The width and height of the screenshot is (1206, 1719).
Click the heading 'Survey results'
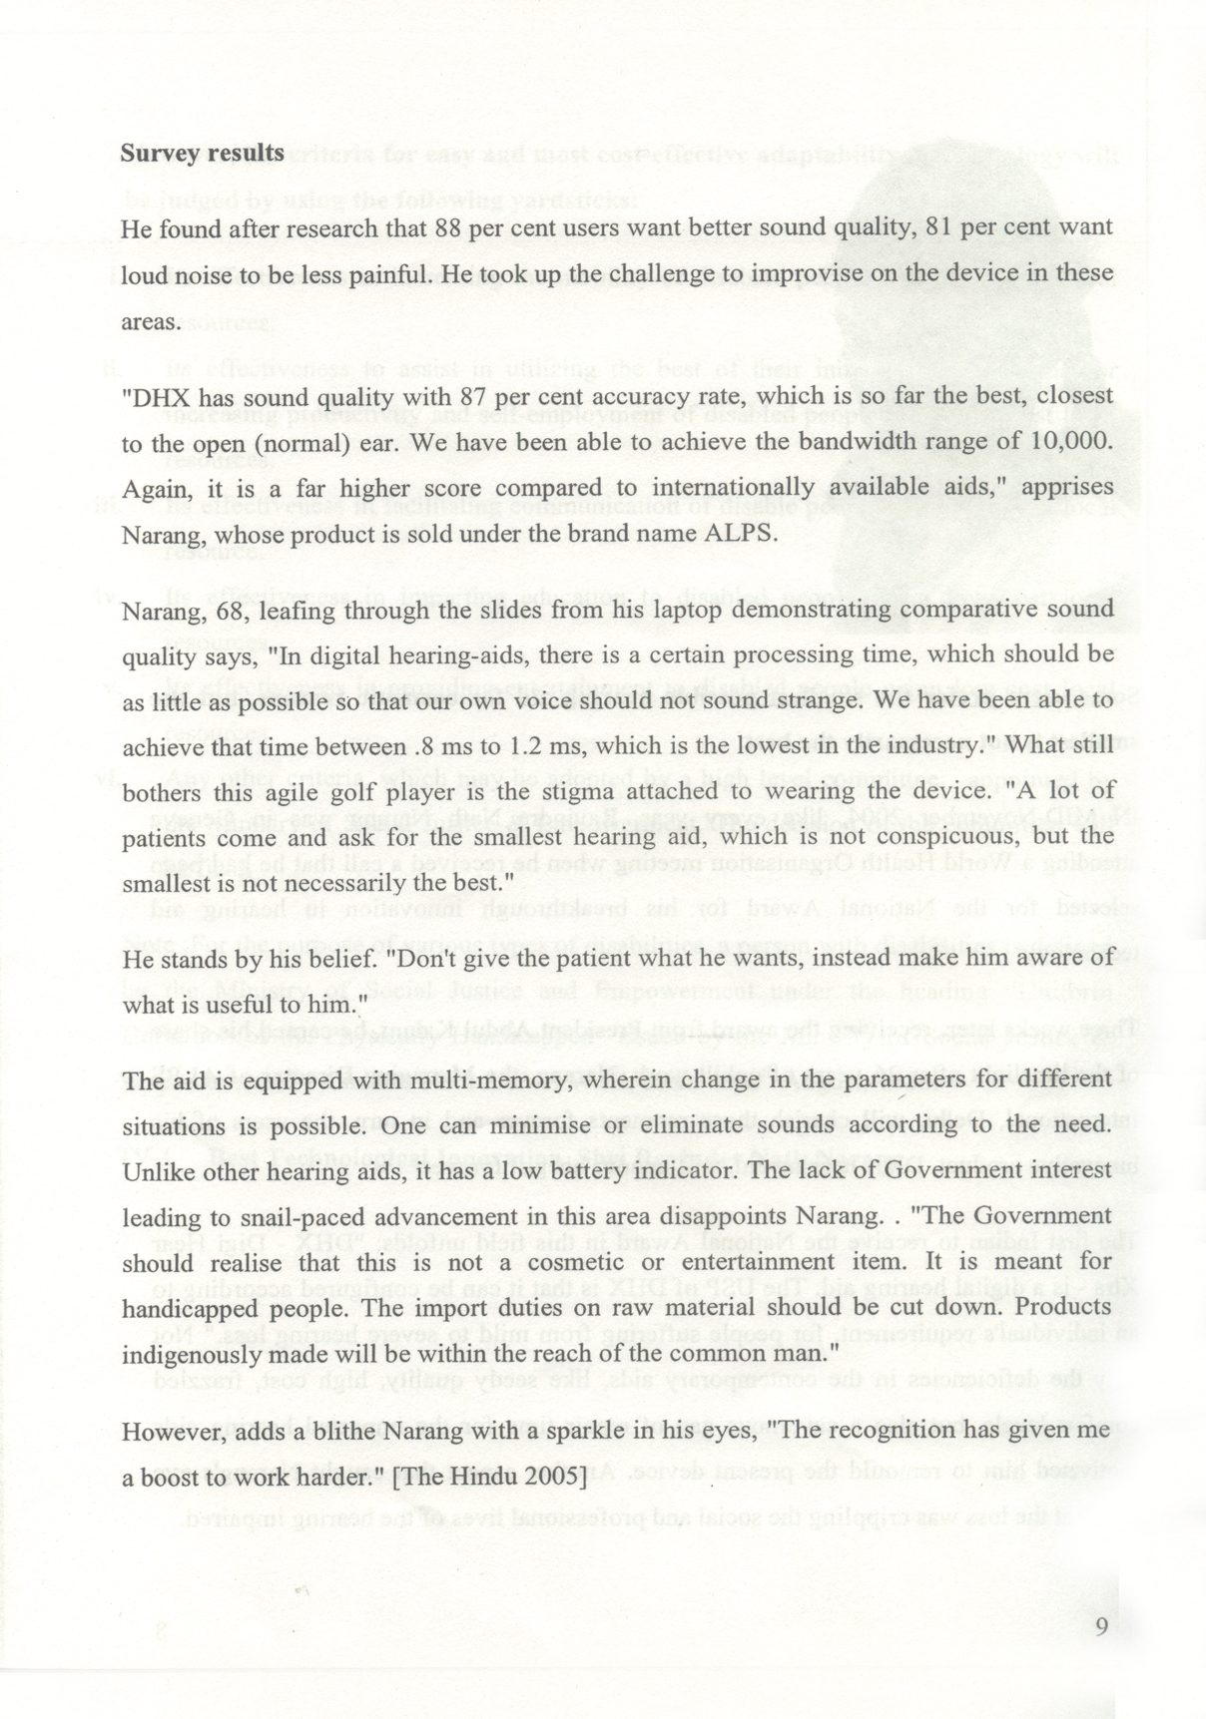click(x=202, y=154)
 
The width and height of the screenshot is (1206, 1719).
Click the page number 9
click(x=1101, y=1627)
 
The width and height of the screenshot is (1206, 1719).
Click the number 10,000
click(x=1068, y=442)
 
